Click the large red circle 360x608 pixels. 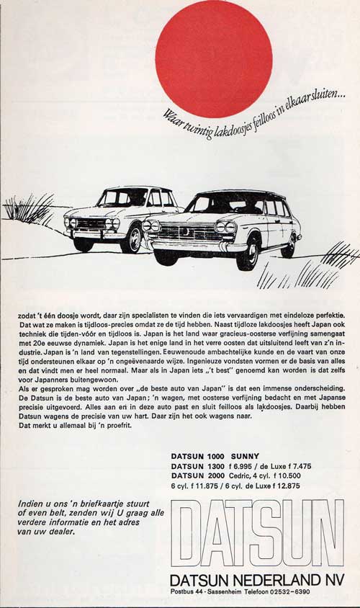pyautogui.click(x=214, y=58)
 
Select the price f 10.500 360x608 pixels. pyautogui.click(x=305, y=475)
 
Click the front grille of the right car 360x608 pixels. pyautogui.click(x=188, y=232)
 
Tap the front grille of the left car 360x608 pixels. pyautogui.click(x=91, y=223)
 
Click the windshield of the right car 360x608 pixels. pyautogui.click(x=225, y=205)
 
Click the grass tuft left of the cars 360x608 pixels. pyautogui.click(x=29, y=209)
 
